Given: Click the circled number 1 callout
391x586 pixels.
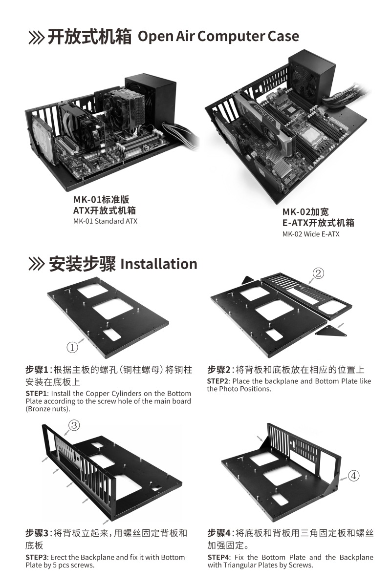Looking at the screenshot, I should [72, 347].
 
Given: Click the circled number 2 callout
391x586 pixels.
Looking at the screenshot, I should [318, 273].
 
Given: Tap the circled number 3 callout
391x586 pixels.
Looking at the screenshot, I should [74, 425].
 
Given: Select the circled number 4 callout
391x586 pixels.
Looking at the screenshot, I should [353, 475].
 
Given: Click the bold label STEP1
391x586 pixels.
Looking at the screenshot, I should [37, 393].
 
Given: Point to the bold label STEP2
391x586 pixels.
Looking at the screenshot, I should [218, 381].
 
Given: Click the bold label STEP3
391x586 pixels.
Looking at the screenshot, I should [37, 557].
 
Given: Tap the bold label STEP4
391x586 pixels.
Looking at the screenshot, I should [218, 557].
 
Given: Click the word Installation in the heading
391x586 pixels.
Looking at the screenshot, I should [158, 264].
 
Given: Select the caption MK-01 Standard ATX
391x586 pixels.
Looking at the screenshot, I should [105, 221].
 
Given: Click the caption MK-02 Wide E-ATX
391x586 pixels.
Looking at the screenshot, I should [310, 234].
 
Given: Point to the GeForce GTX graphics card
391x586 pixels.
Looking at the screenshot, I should [266, 120].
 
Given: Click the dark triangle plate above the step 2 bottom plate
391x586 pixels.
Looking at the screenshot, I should [248, 279].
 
